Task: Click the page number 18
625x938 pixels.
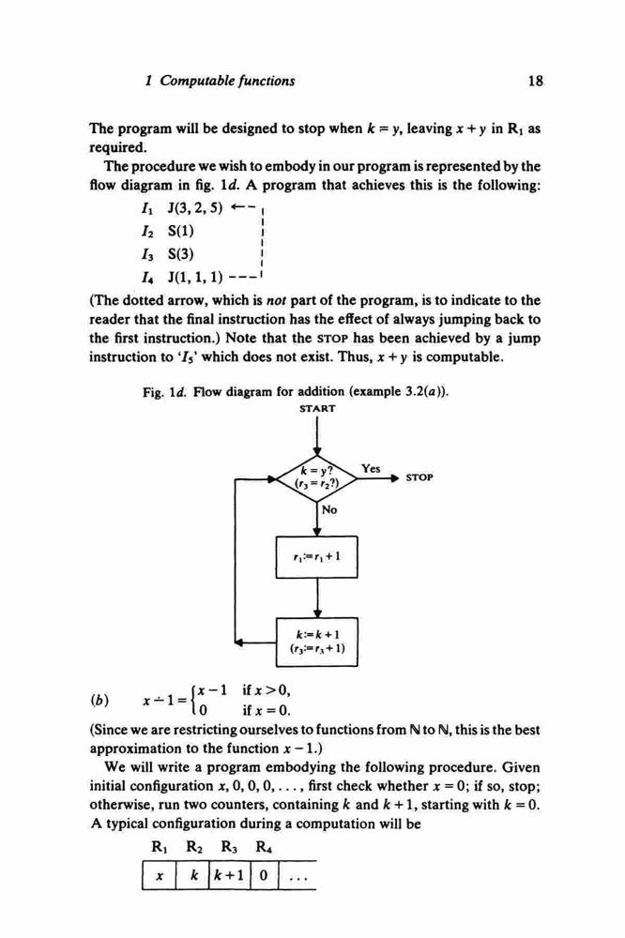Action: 535,81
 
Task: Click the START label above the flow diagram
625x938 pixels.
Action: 317,409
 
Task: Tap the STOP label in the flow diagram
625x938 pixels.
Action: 419,477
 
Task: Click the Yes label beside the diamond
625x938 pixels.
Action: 371,468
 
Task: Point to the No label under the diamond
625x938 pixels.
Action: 329,509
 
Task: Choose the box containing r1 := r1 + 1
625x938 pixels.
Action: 316,557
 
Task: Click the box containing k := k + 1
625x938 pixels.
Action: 316,642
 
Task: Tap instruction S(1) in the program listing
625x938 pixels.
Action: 181,231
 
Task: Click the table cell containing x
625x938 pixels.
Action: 160,876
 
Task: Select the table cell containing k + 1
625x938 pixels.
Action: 227,876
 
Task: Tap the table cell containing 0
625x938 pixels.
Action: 263,876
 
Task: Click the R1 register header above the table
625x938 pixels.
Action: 160,847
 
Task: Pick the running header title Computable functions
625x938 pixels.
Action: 227,81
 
